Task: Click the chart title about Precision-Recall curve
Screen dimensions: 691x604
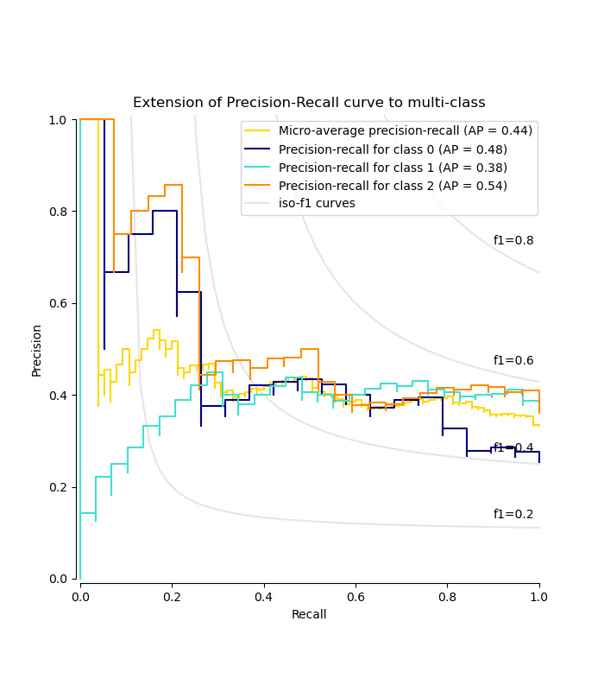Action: point(309,103)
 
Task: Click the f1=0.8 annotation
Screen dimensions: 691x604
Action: point(513,241)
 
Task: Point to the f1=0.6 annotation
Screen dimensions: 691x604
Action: point(513,361)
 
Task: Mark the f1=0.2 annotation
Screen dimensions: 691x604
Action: point(513,515)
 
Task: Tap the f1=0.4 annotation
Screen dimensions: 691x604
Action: point(513,448)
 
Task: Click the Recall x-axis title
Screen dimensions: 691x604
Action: point(309,615)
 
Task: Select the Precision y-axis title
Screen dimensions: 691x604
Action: point(37,350)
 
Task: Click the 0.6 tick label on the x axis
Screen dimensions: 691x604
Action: point(447,595)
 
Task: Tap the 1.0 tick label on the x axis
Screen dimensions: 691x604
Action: point(539,595)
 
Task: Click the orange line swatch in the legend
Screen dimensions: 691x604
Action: point(257,186)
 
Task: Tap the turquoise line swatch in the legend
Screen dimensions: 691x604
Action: point(257,168)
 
